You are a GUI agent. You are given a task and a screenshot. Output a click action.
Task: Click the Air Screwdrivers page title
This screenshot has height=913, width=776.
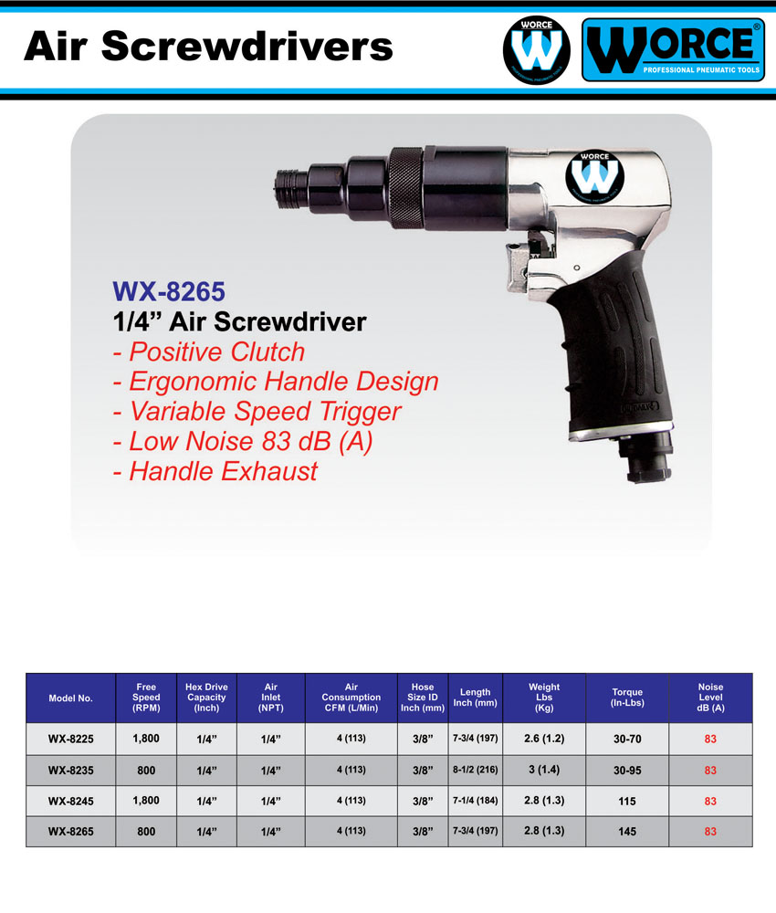click(208, 45)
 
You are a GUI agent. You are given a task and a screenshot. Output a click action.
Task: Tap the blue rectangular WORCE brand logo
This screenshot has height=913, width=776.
click(673, 51)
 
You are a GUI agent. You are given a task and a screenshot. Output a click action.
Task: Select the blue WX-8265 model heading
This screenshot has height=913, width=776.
click(168, 291)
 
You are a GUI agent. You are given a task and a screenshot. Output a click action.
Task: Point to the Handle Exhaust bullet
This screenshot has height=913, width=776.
click(215, 471)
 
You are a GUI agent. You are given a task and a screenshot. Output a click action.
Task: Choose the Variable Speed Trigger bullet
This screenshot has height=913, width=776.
click(257, 412)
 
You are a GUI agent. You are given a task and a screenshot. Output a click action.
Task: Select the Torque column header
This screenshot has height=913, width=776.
click(627, 698)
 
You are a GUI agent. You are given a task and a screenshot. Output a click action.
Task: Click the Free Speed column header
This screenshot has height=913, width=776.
click(146, 698)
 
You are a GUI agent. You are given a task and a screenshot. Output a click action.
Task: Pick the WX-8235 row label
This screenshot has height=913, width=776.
click(70, 771)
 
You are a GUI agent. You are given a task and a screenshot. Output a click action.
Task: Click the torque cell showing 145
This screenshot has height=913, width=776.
click(627, 832)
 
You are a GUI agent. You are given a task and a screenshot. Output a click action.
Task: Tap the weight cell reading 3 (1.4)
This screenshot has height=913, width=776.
click(544, 771)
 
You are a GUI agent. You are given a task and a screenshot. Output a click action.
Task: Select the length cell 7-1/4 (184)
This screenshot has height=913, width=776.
click(475, 801)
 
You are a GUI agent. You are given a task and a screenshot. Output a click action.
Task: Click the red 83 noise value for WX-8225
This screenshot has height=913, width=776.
click(710, 740)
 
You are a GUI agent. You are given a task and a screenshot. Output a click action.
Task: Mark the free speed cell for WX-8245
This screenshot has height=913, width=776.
click(146, 801)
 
